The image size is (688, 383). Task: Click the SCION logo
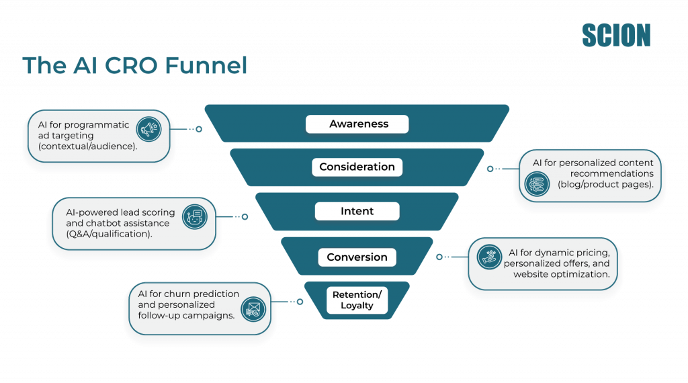click(x=616, y=35)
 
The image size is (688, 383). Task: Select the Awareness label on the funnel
click(x=358, y=124)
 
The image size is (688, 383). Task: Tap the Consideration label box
click(x=357, y=167)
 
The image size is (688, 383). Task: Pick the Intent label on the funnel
click(x=357, y=211)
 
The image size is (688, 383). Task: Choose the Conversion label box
click(x=357, y=257)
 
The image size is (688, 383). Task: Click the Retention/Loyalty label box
click(x=357, y=300)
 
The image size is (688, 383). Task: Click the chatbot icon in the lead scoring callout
click(x=194, y=216)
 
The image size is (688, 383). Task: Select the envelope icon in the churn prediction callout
click(x=254, y=309)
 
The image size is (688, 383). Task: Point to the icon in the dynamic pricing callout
click(x=489, y=256)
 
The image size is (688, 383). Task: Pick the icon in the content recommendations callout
click(x=536, y=183)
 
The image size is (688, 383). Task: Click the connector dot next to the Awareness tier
click(x=199, y=129)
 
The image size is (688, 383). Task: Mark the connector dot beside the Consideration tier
click(x=490, y=169)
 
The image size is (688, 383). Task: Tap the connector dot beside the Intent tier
click(x=245, y=216)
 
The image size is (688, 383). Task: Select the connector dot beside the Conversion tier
click(x=439, y=257)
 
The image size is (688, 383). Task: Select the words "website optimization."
click(x=561, y=274)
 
